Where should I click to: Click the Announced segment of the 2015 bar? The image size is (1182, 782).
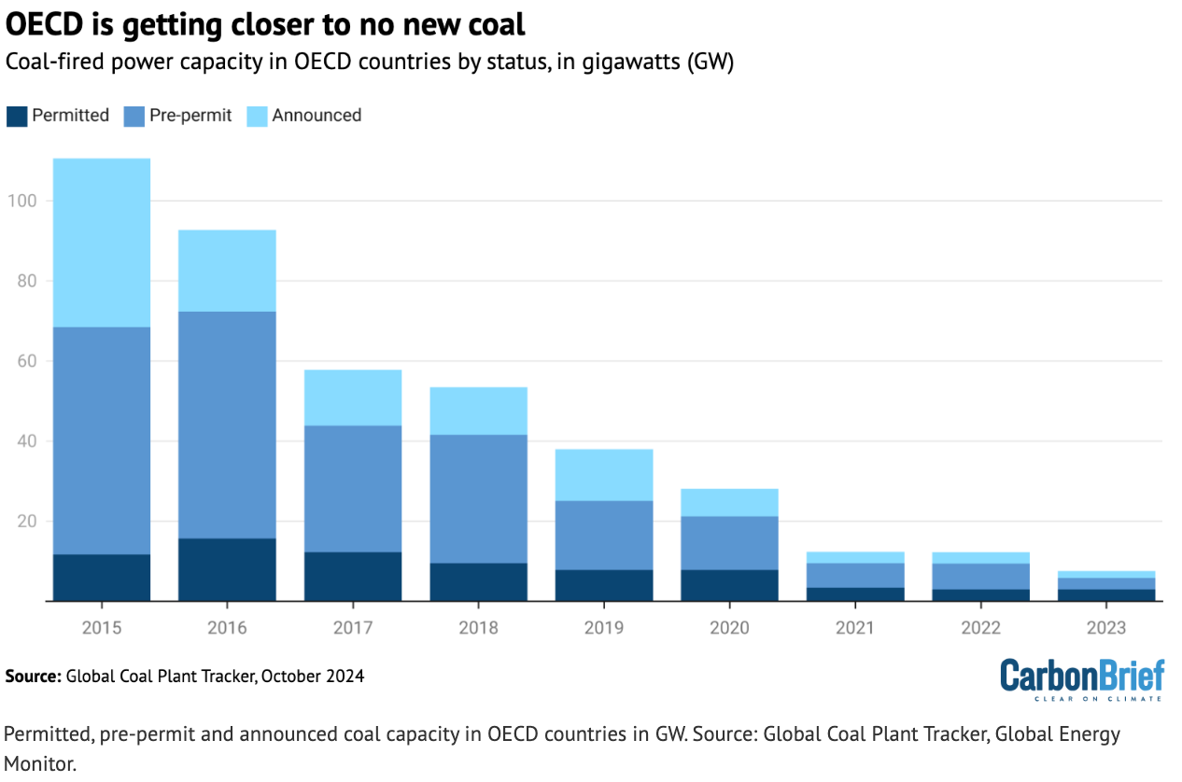(102, 243)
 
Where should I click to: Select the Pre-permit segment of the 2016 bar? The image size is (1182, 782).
(227, 425)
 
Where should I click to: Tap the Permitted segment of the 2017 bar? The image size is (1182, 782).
(353, 576)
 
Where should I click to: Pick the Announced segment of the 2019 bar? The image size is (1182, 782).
(604, 475)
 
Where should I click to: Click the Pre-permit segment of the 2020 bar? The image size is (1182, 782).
(729, 542)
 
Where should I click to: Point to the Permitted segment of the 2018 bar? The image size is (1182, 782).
(478, 581)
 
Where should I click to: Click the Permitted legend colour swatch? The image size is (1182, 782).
(16, 116)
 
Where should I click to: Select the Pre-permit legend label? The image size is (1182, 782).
(190, 116)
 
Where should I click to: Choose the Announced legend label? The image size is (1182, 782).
(317, 116)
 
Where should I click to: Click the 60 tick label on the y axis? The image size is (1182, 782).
(24, 361)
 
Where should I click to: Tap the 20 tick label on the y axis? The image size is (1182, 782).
(24, 522)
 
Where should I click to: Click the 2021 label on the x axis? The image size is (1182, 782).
(855, 628)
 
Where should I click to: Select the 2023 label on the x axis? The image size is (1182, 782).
(1106, 628)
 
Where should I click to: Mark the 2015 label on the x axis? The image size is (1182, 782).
(102, 628)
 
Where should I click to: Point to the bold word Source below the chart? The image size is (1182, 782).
(32, 676)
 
